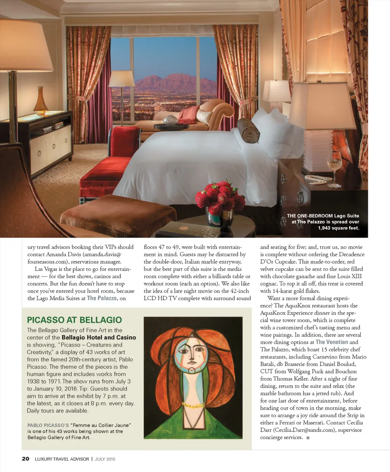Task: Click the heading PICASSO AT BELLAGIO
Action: pyautogui.click(x=74, y=320)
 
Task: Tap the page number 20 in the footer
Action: pyautogui.click(x=26, y=459)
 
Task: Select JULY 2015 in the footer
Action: pyautogui.click(x=105, y=459)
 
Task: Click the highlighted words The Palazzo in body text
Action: pyautogui.click(x=102, y=298)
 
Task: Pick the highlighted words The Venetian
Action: pyautogui.click(x=332, y=342)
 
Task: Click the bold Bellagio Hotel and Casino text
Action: pyautogui.click(x=99, y=337)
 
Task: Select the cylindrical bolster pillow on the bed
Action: pyautogui.click(x=248, y=131)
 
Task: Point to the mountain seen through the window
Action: pyautogui.click(x=171, y=82)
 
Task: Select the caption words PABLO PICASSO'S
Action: pyautogui.click(x=48, y=425)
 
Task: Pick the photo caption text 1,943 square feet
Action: pyautogui.click(x=338, y=228)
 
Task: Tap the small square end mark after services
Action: pyautogui.click(x=308, y=438)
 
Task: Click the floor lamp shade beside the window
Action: pyautogui.click(x=122, y=79)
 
